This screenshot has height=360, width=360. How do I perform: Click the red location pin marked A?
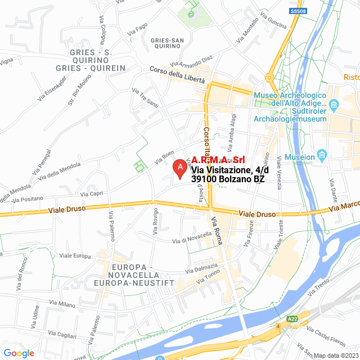179,168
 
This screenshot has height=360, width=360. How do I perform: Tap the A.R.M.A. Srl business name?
219,159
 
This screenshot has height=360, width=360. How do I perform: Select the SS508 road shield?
298,11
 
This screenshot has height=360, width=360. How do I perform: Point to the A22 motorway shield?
292,319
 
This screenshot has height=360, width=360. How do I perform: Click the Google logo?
19,353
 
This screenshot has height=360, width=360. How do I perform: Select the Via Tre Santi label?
145,98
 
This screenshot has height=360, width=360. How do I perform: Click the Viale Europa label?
75,255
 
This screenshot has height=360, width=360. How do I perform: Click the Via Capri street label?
92,194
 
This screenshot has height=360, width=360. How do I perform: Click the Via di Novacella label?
192,239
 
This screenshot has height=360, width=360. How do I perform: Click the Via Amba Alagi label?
232,128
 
